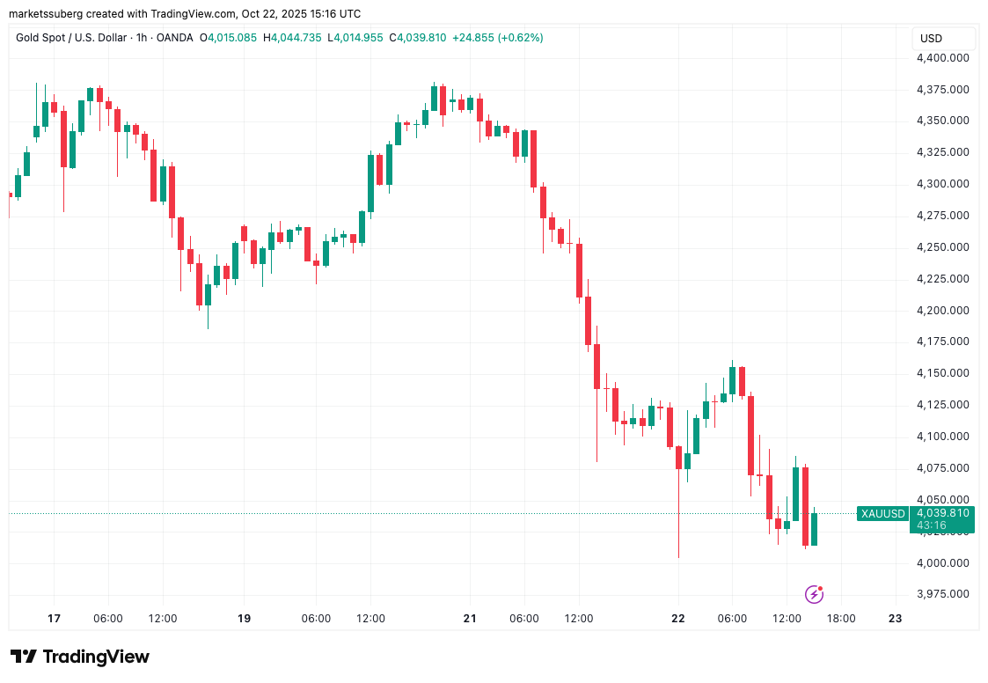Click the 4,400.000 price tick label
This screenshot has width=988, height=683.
943,58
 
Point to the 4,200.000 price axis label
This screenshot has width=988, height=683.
943,311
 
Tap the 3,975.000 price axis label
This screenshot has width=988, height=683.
943,594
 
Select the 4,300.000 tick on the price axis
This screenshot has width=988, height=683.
943,184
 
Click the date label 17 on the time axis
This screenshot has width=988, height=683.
54,619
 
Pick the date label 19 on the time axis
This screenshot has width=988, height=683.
245,619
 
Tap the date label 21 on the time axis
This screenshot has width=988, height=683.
470,619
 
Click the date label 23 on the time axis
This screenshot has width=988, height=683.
896,619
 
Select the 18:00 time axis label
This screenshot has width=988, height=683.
842,619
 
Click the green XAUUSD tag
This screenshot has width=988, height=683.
882,514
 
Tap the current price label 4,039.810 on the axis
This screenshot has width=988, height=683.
942,513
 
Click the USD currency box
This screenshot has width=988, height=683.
931,39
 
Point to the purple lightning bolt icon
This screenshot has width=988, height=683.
815,594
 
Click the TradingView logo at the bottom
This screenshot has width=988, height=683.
80,657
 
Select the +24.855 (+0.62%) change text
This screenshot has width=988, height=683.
497,38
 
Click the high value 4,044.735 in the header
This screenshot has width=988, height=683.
298,38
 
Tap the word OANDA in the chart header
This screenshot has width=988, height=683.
174,38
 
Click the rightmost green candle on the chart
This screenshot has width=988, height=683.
815,529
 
